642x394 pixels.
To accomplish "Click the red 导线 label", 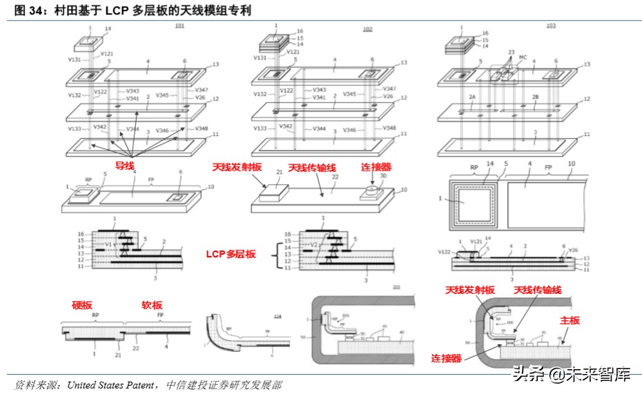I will coord(124,166).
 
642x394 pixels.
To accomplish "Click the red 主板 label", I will coord(570,320).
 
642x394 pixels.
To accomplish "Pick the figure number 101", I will coord(179,26).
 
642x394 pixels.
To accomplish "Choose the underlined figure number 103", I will coord(550,26).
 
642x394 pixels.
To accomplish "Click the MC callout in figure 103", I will coord(523,59).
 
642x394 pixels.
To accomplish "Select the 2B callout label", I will coord(535,97).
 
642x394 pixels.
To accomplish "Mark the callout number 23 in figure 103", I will coord(511,52).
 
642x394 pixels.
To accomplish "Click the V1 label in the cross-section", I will coord(108,244).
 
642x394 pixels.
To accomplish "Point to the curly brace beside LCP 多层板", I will coord(278,254).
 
